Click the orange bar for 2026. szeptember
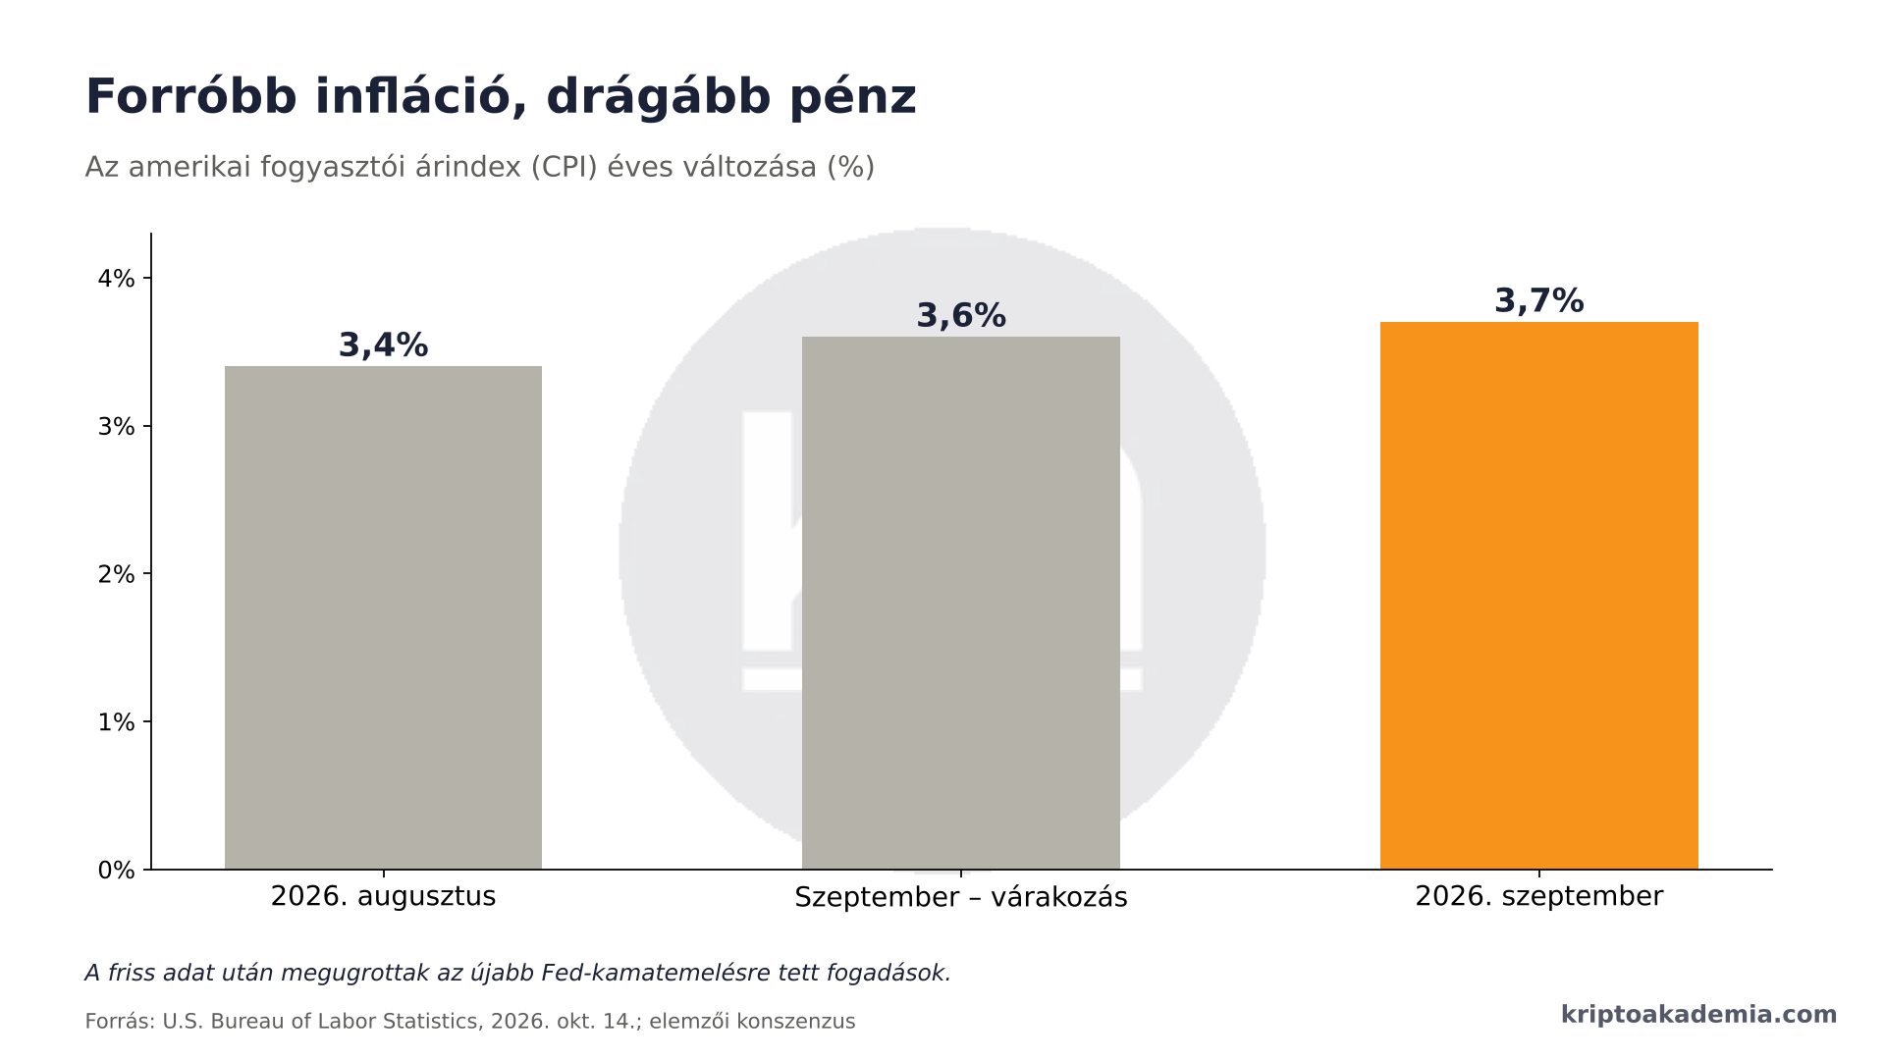tap(1538, 596)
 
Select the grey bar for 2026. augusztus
tap(383, 617)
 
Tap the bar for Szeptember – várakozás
tap(961, 603)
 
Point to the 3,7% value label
tap(1538, 300)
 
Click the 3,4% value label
tap(383, 345)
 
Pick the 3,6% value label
tap(961, 316)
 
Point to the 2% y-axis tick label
tap(116, 574)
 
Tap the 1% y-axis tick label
tap(116, 722)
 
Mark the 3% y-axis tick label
tap(116, 427)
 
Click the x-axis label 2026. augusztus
tap(383, 897)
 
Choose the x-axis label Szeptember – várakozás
tap(961, 897)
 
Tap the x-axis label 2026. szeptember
tap(1538, 897)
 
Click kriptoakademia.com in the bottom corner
tap(1698, 1015)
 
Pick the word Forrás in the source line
tap(120, 1022)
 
